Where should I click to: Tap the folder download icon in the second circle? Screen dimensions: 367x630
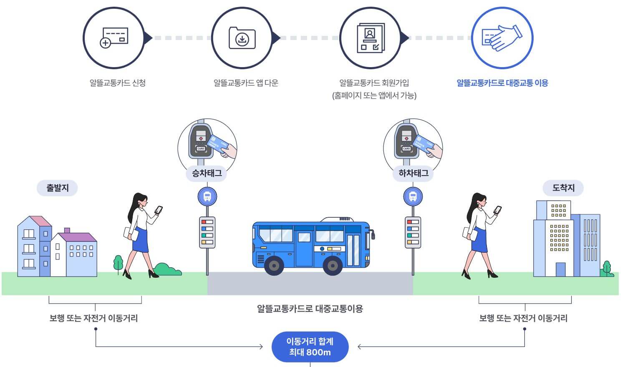242,38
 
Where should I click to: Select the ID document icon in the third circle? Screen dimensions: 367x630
370,38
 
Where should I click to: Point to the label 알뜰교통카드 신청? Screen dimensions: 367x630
118,83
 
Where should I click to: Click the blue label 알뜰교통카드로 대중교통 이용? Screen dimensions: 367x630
502,83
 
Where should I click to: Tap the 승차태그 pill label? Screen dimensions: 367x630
207,173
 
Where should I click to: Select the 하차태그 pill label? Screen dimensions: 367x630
413,173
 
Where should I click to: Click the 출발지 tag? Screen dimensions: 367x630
58,188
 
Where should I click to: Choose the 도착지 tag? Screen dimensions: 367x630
563,188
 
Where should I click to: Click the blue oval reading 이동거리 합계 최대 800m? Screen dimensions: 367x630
310,347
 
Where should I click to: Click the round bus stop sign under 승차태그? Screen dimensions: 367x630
207,196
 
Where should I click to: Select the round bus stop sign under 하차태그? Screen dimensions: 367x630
413,196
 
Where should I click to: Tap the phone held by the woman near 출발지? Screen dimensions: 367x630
159,210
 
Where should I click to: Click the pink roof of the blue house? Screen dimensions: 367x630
41,221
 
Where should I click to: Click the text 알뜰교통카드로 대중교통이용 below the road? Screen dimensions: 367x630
310,309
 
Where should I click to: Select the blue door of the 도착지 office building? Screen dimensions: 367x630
560,269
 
